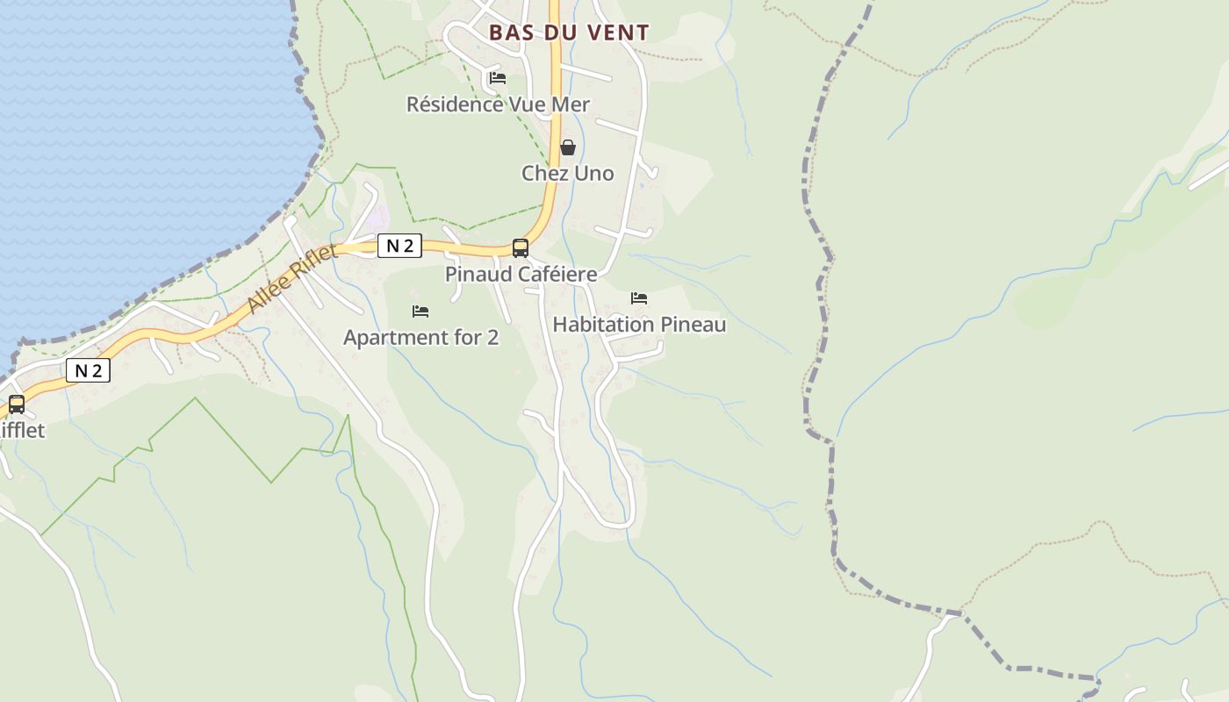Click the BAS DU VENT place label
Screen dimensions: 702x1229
click(569, 33)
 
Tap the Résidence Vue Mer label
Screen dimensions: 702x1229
click(498, 104)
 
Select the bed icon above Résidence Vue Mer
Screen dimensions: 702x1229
click(498, 77)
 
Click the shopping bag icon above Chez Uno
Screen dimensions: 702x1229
click(568, 147)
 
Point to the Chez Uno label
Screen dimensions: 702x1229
click(568, 173)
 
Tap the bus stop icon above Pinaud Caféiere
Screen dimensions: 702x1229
click(521, 247)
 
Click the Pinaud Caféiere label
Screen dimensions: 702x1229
click(521, 274)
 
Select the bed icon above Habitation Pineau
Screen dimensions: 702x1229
click(639, 298)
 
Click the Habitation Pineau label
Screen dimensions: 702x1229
click(639, 325)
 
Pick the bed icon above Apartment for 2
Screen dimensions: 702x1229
click(420, 311)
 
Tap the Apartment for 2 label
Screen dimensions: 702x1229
click(420, 337)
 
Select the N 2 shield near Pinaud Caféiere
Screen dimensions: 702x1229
click(399, 247)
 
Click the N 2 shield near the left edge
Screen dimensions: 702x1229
click(88, 370)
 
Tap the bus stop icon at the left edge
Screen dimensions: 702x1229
click(16, 404)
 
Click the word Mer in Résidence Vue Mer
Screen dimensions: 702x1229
click(570, 104)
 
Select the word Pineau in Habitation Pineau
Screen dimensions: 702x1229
click(694, 325)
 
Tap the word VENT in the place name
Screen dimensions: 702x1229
click(620, 33)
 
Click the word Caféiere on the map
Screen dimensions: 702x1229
click(557, 274)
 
